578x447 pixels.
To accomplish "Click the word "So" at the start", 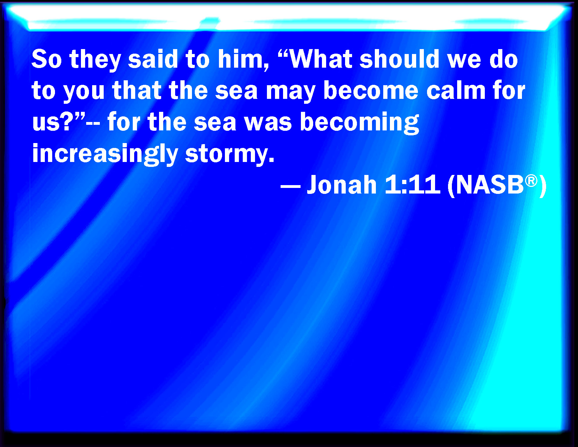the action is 47,59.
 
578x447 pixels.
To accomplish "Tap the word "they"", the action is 95,60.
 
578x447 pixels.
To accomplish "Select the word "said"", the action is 153,59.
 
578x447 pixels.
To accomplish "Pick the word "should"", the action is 399,59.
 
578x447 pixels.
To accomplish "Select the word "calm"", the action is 456,90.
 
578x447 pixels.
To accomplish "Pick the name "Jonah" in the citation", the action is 342,184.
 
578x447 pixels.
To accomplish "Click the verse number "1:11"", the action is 413,184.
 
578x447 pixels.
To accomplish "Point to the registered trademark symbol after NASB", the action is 531,181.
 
